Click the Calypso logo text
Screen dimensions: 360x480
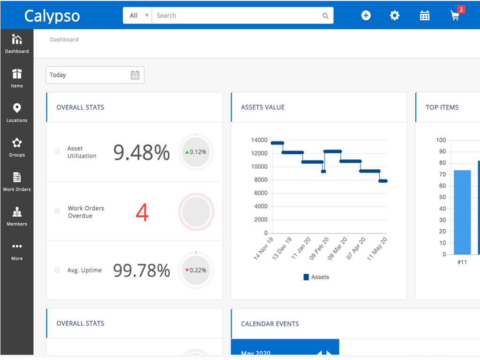coord(52,16)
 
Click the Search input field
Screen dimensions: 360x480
coord(237,15)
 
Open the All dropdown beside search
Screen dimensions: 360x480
coord(137,15)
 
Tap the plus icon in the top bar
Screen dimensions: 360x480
coord(366,15)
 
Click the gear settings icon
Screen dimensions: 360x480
coord(395,15)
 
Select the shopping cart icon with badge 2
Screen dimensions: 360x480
coord(455,15)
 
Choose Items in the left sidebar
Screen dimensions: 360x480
coord(17,78)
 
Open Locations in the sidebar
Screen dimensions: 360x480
coord(17,113)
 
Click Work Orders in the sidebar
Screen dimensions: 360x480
coord(17,182)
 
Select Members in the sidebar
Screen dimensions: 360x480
coord(17,217)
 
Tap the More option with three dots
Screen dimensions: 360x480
coord(17,251)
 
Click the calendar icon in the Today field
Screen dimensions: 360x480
coord(135,75)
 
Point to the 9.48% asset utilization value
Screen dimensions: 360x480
coord(142,152)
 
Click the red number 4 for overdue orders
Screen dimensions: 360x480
coord(142,213)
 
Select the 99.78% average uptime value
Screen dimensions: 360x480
coord(142,270)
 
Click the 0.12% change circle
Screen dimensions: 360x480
coord(196,152)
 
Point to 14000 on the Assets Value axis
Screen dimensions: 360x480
coord(259,140)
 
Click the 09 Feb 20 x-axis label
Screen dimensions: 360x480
coord(319,248)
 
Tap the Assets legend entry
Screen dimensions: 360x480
coord(316,277)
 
